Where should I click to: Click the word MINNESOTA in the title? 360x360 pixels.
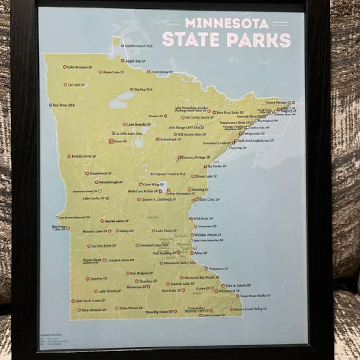(227, 23)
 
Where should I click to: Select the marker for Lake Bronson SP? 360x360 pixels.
(65, 67)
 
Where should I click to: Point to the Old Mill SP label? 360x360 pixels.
(76, 85)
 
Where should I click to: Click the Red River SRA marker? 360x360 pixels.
(51, 105)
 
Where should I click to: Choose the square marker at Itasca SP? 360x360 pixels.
(111, 141)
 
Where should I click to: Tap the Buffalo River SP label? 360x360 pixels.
(84, 156)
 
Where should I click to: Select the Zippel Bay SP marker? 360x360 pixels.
(123, 60)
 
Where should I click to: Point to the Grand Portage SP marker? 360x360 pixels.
(293, 103)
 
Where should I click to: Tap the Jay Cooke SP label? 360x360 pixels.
(217, 166)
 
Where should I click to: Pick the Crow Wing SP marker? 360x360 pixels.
(141, 184)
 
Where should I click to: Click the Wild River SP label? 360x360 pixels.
(203, 218)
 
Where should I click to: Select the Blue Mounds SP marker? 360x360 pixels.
(79, 310)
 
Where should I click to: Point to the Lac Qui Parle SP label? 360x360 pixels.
(104, 246)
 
